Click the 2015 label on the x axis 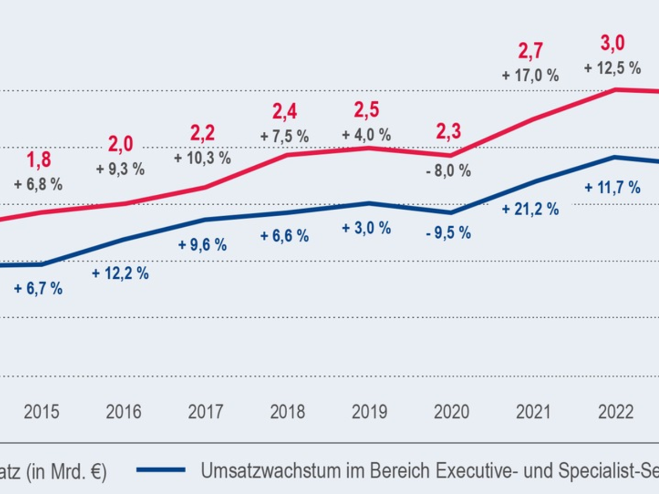(41, 412)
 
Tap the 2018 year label (288, 412)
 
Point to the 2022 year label (615, 412)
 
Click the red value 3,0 (612, 43)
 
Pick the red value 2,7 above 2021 (530, 51)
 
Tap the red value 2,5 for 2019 (366, 110)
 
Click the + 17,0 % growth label (530, 75)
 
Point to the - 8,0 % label (448, 171)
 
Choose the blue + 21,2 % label (530, 209)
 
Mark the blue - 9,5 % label (448, 232)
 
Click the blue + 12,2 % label (120, 273)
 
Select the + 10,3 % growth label (203, 159)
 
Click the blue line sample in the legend (161, 470)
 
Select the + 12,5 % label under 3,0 (612, 69)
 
